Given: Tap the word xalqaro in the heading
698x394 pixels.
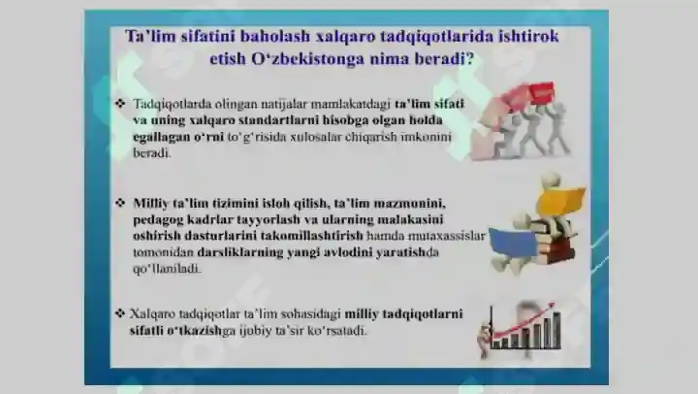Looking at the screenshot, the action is click(x=344, y=36).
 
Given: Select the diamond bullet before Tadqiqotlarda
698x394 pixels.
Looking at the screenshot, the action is click(x=120, y=104).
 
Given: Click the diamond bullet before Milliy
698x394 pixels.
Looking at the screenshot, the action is click(x=120, y=203).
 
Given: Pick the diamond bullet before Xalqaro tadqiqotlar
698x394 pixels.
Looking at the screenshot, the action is click(x=119, y=313).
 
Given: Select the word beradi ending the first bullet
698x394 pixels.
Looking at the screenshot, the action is click(x=152, y=153).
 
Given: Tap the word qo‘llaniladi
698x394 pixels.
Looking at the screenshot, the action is click(x=167, y=269).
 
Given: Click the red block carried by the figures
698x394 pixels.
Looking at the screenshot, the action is click(x=540, y=93).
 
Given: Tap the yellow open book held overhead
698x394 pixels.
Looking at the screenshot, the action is click(x=561, y=200).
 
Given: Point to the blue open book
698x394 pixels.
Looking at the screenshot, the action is click(x=513, y=244).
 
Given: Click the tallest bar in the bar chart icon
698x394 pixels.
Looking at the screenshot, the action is click(x=556, y=330).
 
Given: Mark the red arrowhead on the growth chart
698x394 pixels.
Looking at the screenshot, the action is click(x=551, y=307).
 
